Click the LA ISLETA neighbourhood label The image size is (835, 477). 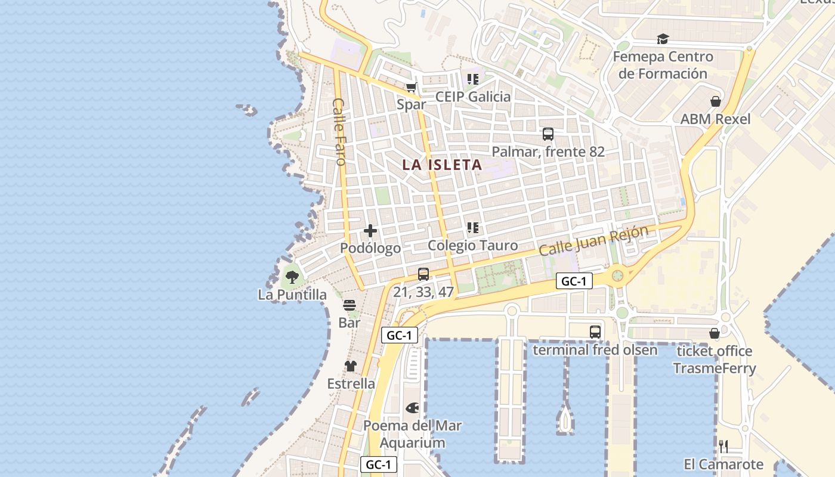[x=442, y=165]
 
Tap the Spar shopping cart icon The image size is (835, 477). [x=411, y=88]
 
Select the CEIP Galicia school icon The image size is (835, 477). [x=473, y=79]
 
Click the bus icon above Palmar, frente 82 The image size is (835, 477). [x=548, y=134]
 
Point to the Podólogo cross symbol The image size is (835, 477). [x=370, y=231]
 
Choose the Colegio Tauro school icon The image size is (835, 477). [x=473, y=227]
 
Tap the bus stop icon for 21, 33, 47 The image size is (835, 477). [x=423, y=274]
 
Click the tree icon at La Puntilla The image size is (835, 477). [x=292, y=277]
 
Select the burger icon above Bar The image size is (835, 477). [x=350, y=305]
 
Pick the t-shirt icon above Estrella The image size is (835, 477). [x=351, y=366]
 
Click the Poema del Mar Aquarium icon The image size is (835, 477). [x=412, y=408]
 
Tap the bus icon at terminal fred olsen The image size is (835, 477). [x=595, y=332]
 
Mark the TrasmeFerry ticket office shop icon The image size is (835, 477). [x=714, y=333]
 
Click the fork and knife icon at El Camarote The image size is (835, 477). [x=723, y=446]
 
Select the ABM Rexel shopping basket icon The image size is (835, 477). [x=715, y=101]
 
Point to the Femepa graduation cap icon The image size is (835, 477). [x=663, y=39]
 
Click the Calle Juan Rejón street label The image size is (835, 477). [x=593, y=241]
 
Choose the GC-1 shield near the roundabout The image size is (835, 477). [x=574, y=281]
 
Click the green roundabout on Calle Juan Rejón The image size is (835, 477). [x=617, y=275]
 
